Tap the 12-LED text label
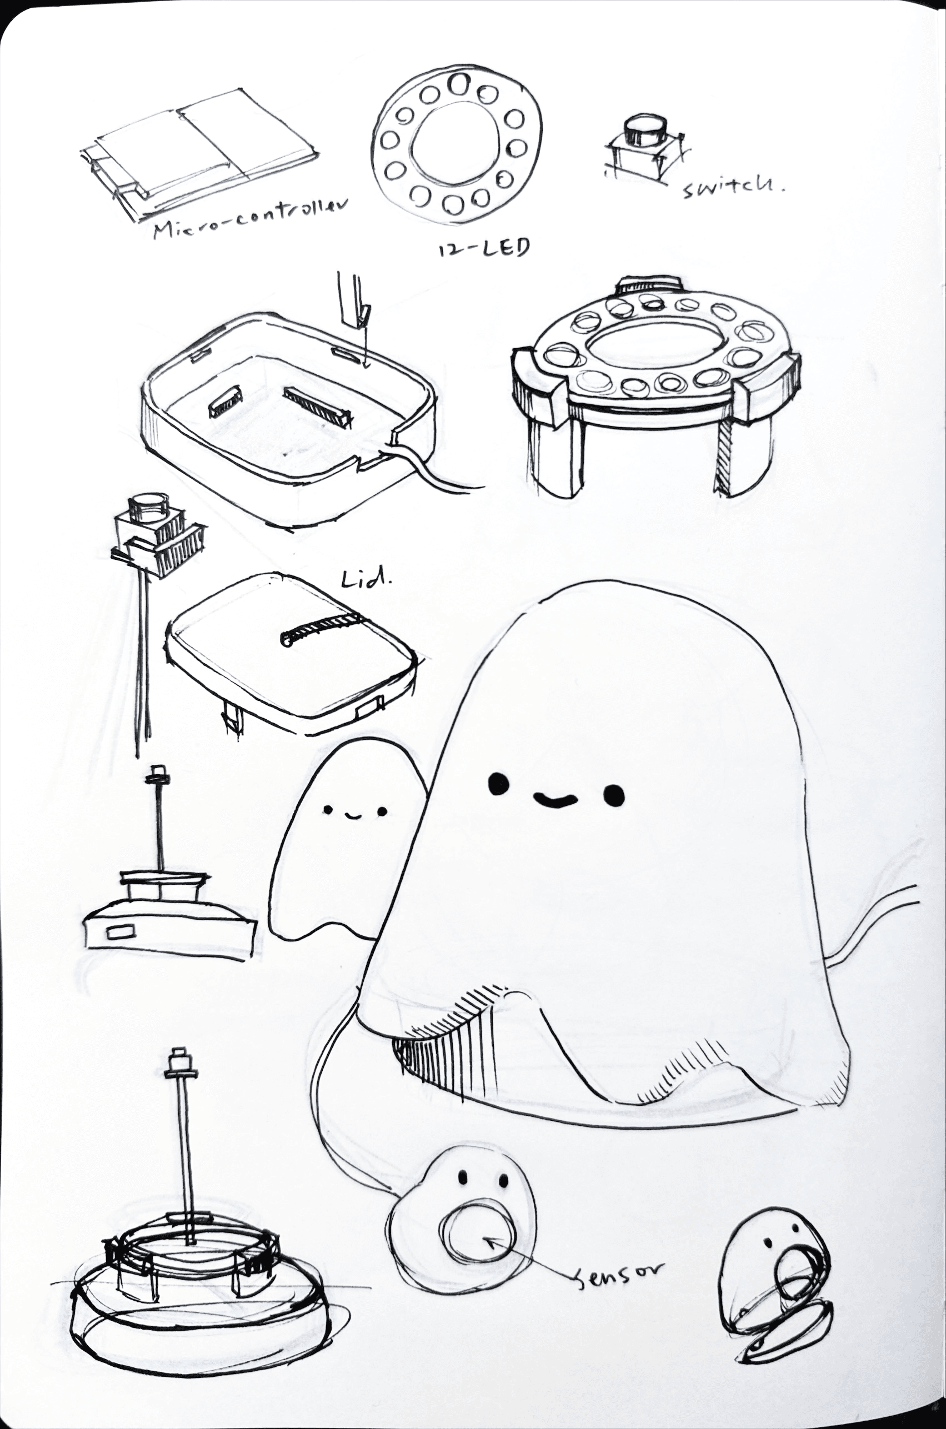[483, 248]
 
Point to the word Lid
[366, 579]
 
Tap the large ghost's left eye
[497, 784]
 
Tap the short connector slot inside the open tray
[224, 405]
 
